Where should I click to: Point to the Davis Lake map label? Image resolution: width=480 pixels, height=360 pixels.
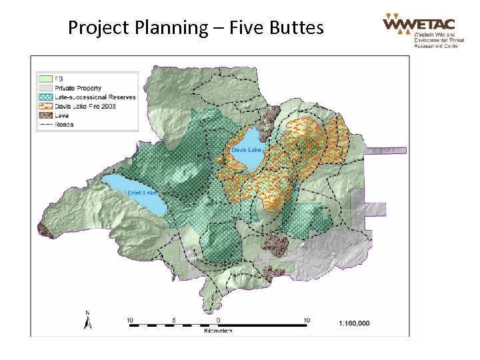pos(246,150)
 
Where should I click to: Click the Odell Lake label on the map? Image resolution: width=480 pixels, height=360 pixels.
pos(141,193)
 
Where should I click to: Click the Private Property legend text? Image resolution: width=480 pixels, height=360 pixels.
pos(78,88)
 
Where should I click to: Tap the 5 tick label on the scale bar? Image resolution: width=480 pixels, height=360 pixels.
pos(173,320)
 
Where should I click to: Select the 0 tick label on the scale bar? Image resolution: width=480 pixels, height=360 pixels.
pos(218,320)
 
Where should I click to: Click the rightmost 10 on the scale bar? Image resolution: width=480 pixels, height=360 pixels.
pos(307,320)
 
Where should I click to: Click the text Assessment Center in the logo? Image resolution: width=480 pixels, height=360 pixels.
pos(435,47)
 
